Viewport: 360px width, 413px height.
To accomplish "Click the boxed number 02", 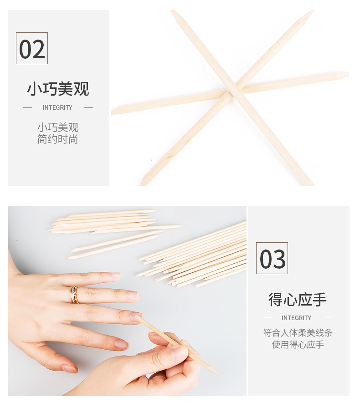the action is pos(32,48).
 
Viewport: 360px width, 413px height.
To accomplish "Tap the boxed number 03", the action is pos(272,258).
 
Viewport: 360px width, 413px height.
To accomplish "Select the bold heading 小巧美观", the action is pos(58,89).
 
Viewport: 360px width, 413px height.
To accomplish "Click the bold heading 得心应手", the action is pos(298,300).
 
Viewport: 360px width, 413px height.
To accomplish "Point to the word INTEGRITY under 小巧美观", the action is pos(57,107).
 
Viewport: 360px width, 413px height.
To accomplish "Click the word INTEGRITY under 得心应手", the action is pos(296,318).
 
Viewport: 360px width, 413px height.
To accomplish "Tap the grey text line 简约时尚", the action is pos(57,139).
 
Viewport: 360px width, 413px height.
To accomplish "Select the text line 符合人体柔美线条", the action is pos(298,333).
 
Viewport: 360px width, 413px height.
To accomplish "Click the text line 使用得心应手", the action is pos(298,344).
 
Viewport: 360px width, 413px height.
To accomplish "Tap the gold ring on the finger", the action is pos(74,295).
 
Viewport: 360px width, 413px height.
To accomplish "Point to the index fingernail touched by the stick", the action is pos(135,316).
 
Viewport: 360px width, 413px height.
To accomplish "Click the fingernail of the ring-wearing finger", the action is pos(132,296).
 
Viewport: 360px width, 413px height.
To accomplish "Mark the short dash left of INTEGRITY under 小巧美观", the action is pos(27,107).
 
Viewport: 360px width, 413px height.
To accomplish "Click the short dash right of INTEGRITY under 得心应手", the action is pos(329,318).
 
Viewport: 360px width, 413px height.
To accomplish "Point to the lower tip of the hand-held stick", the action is pos(220,376).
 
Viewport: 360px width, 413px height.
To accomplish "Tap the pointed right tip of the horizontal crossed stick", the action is pos(349,75).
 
